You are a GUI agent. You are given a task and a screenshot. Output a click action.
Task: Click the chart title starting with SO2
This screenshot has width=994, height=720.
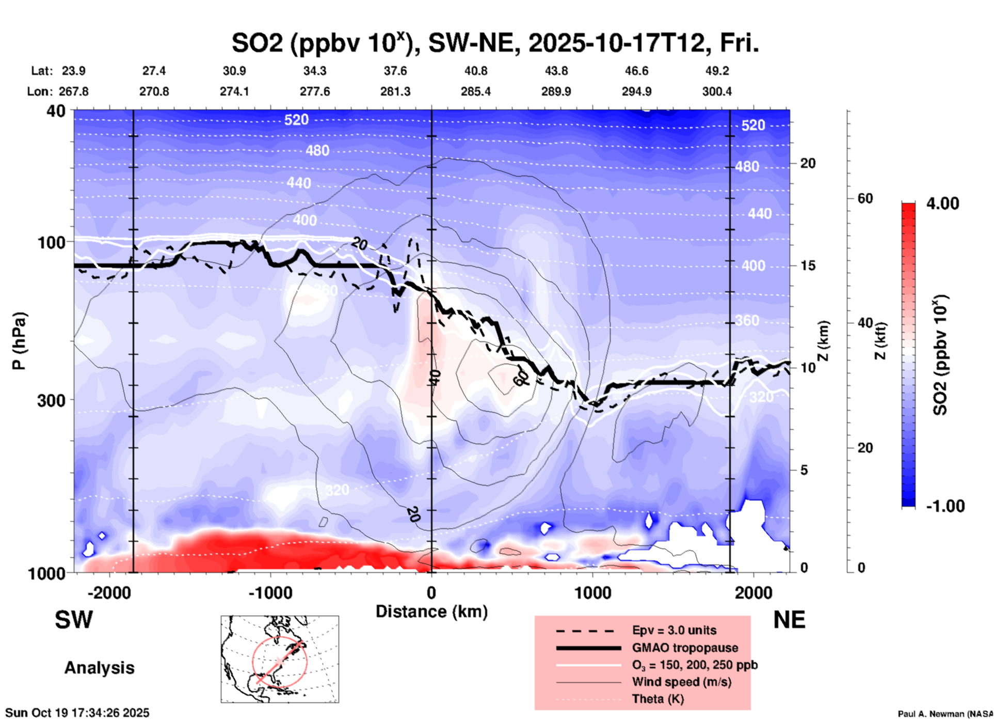495,43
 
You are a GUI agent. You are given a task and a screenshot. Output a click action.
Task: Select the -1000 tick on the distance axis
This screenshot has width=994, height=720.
270,592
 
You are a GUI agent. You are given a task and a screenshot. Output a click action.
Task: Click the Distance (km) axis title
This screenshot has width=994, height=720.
431,612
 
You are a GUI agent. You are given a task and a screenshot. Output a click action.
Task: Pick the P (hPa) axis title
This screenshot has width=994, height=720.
19,341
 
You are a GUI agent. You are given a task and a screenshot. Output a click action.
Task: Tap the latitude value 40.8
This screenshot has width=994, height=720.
475,71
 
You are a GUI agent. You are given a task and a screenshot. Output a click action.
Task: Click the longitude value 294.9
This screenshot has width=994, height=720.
636,91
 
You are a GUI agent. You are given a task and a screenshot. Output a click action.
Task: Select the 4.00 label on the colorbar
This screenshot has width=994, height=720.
942,204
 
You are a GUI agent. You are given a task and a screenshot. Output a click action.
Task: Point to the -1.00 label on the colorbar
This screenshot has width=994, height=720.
945,506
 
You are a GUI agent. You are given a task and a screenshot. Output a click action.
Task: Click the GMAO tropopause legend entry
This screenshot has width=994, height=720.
685,648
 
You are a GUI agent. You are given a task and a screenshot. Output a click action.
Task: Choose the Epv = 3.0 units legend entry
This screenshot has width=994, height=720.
674,631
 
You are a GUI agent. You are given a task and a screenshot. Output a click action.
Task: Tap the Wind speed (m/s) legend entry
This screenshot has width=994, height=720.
681,682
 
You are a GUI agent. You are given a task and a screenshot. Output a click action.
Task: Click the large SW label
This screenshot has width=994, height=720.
74,620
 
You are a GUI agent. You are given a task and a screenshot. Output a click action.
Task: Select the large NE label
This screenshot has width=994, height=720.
789,620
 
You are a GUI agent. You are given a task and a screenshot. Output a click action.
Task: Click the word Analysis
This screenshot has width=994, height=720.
99,668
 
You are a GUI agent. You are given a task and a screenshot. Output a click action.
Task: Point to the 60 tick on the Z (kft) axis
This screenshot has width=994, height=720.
865,198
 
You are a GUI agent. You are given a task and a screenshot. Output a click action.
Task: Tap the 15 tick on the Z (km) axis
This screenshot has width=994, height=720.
808,265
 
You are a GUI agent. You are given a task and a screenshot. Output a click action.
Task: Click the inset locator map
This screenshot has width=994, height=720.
280,659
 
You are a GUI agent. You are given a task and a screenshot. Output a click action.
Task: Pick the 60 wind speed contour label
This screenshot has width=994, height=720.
521,379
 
